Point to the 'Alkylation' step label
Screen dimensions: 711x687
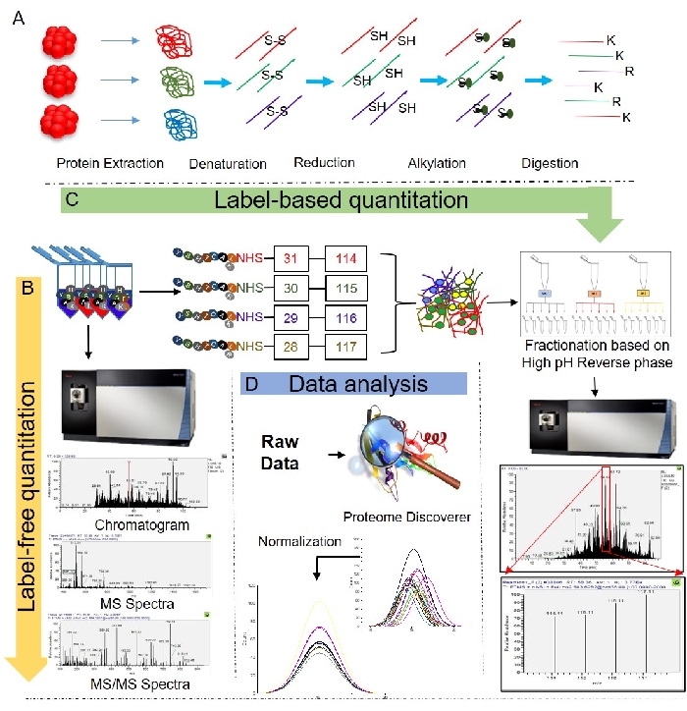439,162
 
